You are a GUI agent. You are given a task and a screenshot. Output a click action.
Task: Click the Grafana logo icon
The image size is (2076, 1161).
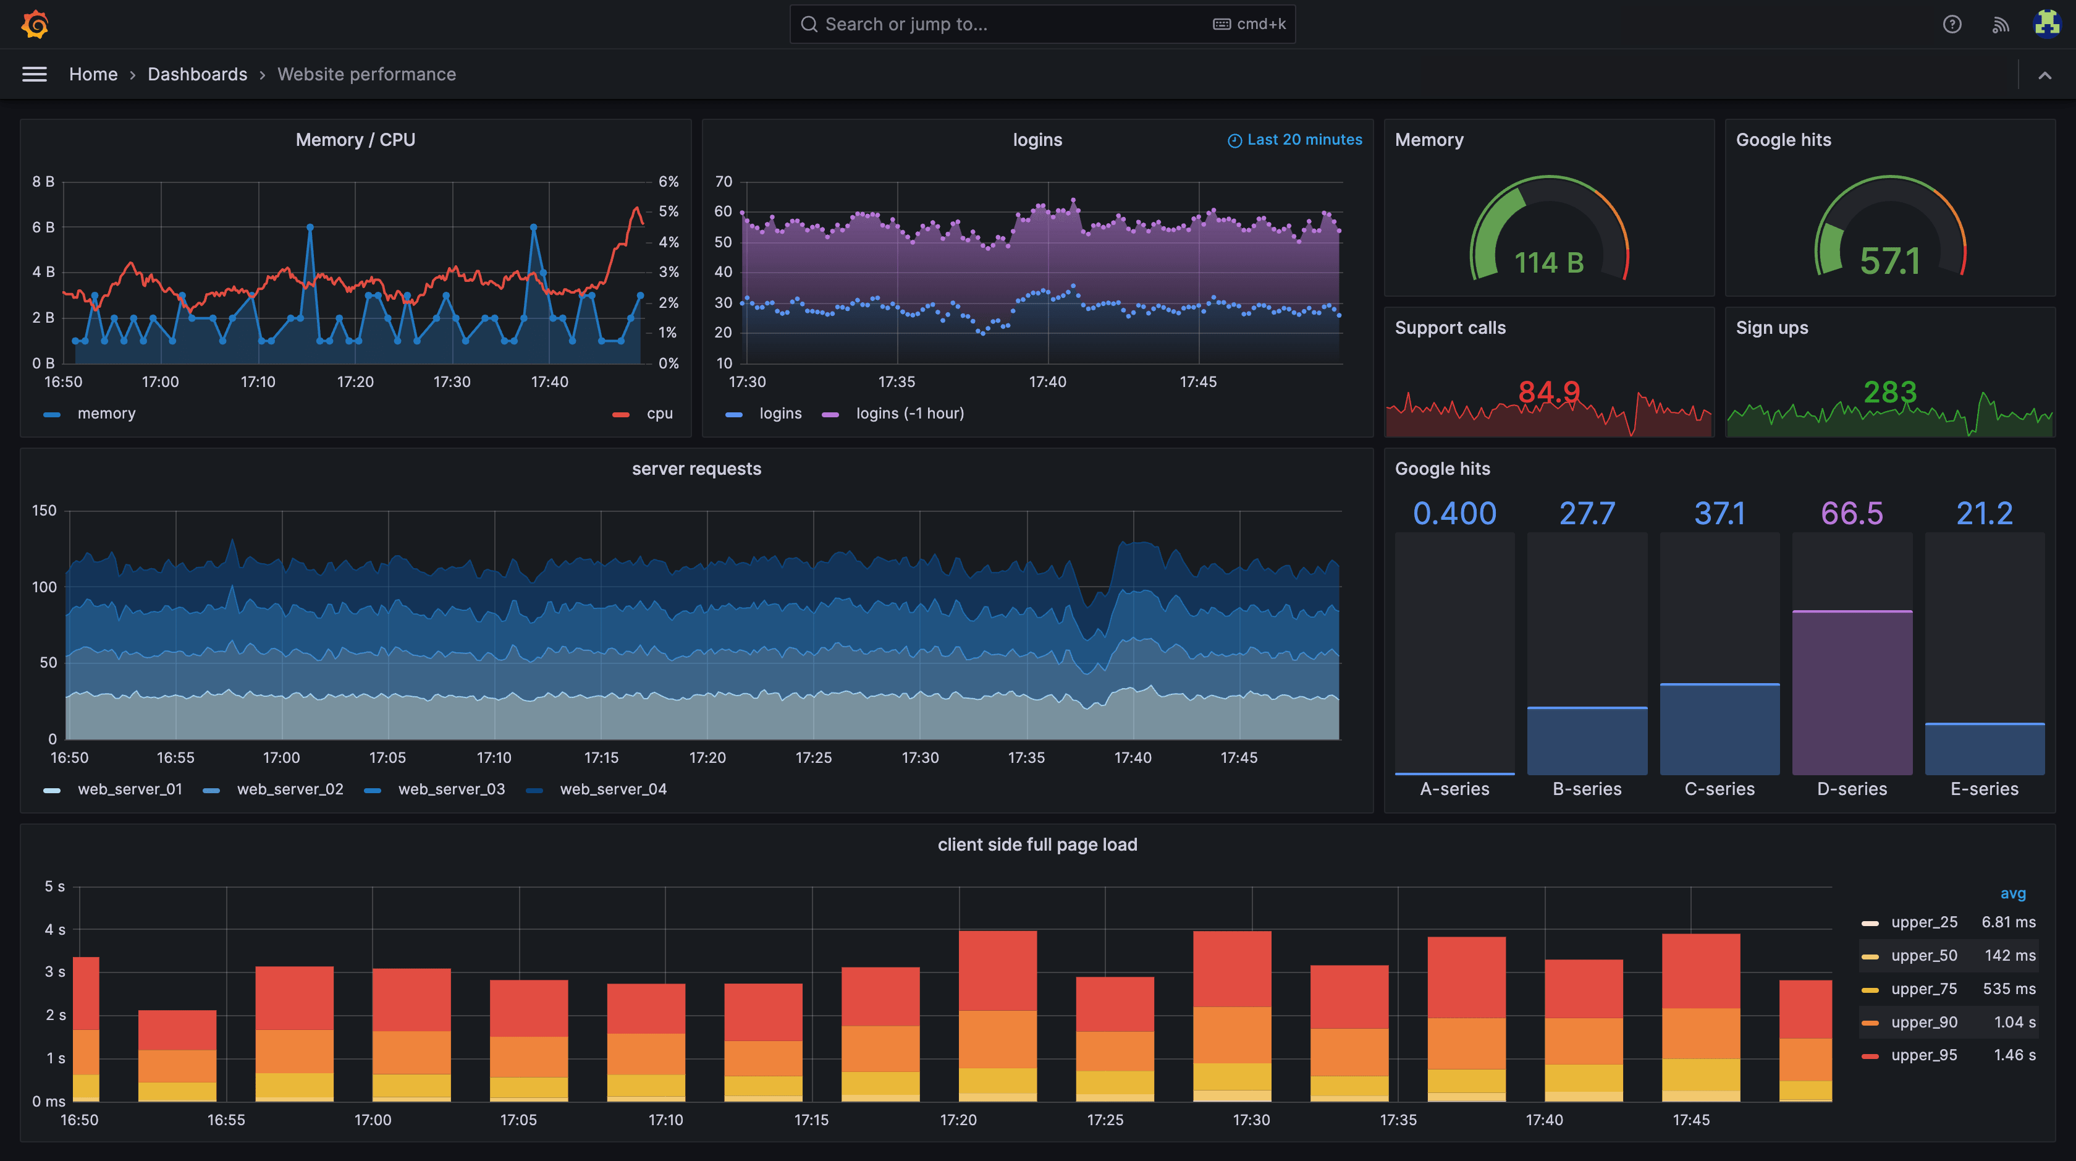[35, 24]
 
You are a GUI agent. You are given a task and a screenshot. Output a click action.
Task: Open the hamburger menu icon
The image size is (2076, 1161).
[34, 74]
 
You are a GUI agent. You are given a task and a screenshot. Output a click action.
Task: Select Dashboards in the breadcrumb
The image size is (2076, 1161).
[198, 74]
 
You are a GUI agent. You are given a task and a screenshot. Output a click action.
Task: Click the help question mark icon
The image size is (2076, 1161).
[1951, 24]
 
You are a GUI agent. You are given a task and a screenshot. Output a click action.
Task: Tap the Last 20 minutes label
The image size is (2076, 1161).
[1303, 140]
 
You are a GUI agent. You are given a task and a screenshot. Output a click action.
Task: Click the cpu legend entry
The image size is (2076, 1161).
[659, 414]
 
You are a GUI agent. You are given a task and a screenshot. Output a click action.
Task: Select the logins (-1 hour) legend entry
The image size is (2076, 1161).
[909, 414]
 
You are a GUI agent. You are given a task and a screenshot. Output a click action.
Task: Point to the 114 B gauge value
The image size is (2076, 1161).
[1548, 263]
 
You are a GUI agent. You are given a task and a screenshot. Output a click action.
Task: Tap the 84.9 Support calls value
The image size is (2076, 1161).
[1548, 393]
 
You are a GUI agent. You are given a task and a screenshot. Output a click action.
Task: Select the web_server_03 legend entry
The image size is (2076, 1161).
[450, 789]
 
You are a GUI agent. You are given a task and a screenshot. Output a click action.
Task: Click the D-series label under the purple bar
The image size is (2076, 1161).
[1851, 789]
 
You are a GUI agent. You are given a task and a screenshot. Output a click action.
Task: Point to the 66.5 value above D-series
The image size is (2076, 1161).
[1851, 514]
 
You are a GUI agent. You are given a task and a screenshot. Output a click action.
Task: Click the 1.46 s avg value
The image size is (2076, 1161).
[2014, 1055]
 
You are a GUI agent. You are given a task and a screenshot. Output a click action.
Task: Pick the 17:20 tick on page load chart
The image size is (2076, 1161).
[958, 1120]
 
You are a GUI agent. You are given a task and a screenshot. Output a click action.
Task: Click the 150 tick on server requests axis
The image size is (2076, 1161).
[44, 511]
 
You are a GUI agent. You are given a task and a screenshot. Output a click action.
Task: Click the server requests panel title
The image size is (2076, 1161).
[696, 469]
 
